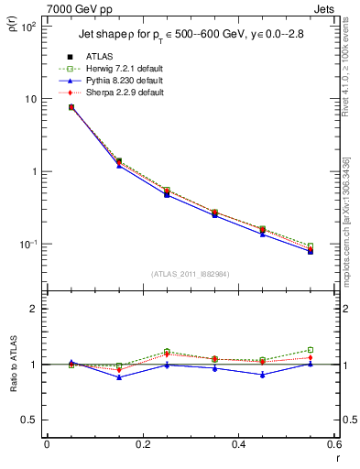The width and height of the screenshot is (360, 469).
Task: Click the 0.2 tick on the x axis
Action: click(143, 445)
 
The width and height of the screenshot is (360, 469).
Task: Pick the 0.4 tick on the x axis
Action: click(239, 445)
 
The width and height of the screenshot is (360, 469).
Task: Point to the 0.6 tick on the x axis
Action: click(333, 445)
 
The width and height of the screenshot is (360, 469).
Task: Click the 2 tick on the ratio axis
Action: click(32, 309)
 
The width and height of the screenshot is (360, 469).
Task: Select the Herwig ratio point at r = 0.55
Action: click(311, 350)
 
